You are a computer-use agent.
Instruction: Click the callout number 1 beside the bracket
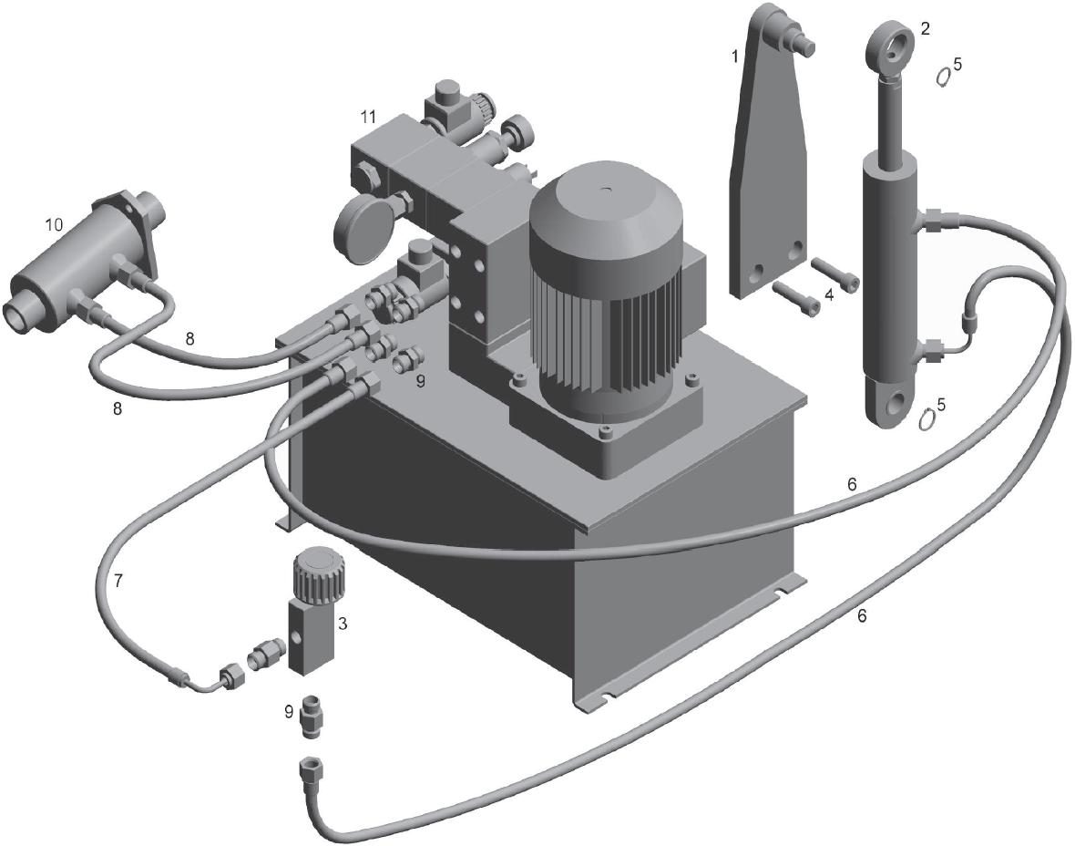735,57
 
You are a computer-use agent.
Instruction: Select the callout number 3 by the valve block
343,624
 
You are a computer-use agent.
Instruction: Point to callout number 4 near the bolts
830,295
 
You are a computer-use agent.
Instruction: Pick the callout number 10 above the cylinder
54,224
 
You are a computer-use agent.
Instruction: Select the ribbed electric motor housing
606,288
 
